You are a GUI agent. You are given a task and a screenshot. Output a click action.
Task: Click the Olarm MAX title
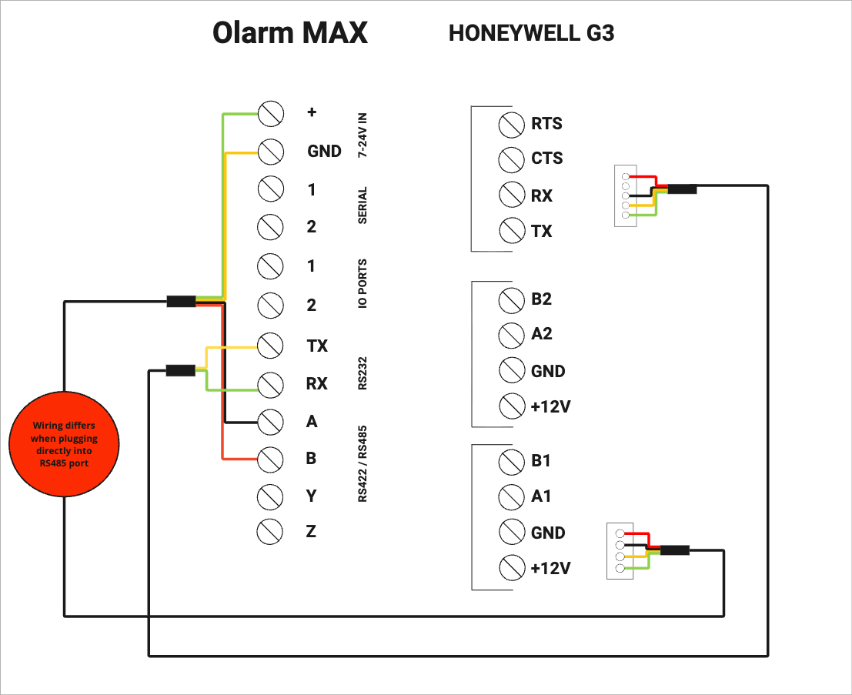coord(289,32)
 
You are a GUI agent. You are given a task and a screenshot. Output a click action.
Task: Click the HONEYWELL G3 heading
coord(531,33)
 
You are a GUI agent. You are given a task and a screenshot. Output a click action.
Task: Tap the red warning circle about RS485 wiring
coord(64,444)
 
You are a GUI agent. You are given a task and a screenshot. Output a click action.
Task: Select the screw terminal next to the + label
coord(271,114)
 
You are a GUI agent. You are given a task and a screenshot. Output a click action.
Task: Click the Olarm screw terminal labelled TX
coord(270,346)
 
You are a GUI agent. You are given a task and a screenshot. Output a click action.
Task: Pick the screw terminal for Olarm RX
coord(270,385)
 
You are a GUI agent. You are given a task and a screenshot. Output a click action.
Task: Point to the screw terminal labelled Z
coord(269,531)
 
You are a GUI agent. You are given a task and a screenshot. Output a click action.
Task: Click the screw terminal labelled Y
coord(269,496)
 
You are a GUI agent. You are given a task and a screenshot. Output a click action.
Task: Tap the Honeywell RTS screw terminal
coord(511,125)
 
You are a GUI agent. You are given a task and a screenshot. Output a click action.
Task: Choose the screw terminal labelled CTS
coord(511,159)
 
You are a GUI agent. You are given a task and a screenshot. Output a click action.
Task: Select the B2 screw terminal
coord(511,300)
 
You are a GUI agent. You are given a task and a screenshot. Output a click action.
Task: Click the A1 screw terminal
coord(511,496)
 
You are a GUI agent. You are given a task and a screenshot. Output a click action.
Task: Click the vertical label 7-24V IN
coord(363,135)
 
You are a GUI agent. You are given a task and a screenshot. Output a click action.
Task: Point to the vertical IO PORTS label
coord(363,284)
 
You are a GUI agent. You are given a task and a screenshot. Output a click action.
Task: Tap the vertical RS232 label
coord(363,373)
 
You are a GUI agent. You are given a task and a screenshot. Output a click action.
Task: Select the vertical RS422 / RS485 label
coord(363,463)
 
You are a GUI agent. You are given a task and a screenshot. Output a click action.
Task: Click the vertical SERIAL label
coord(363,205)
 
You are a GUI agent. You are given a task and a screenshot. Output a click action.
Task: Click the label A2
coord(542,333)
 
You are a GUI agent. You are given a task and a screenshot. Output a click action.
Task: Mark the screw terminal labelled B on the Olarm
coord(270,459)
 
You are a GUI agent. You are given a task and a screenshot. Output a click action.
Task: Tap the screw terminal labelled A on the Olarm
coord(270,422)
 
